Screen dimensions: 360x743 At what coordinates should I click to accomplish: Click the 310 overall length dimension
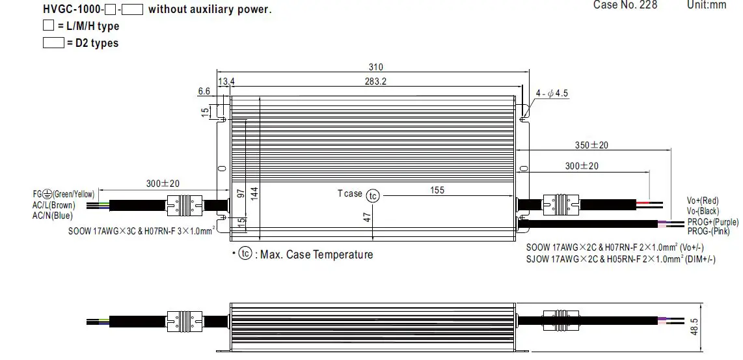tap(376, 67)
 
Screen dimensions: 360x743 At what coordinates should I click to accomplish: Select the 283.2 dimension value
tap(375, 81)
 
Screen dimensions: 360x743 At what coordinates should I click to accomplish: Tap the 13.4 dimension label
tap(226, 81)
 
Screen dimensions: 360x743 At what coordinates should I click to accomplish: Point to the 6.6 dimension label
tap(204, 92)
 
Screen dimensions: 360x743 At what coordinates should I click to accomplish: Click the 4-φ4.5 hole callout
tap(552, 93)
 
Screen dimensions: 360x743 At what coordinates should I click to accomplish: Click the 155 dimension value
tap(437, 190)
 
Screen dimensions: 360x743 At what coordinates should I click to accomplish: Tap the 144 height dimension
tap(255, 194)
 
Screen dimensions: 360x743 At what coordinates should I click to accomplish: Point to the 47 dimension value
tap(366, 217)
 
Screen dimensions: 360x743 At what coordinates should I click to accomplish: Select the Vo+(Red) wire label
tap(703, 201)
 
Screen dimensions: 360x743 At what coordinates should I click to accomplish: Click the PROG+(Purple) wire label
tap(713, 222)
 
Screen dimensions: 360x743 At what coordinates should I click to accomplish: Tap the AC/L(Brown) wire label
tap(54, 205)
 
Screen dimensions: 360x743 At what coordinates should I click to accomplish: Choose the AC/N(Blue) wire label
tap(53, 215)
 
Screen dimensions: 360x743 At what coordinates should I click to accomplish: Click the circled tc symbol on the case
tap(372, 195)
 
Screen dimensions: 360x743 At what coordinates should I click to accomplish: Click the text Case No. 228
tap(625, 5)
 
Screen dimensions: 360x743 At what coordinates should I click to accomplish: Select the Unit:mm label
tap(707, 5)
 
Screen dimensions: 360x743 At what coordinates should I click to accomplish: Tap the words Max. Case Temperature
tap(316, 255)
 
